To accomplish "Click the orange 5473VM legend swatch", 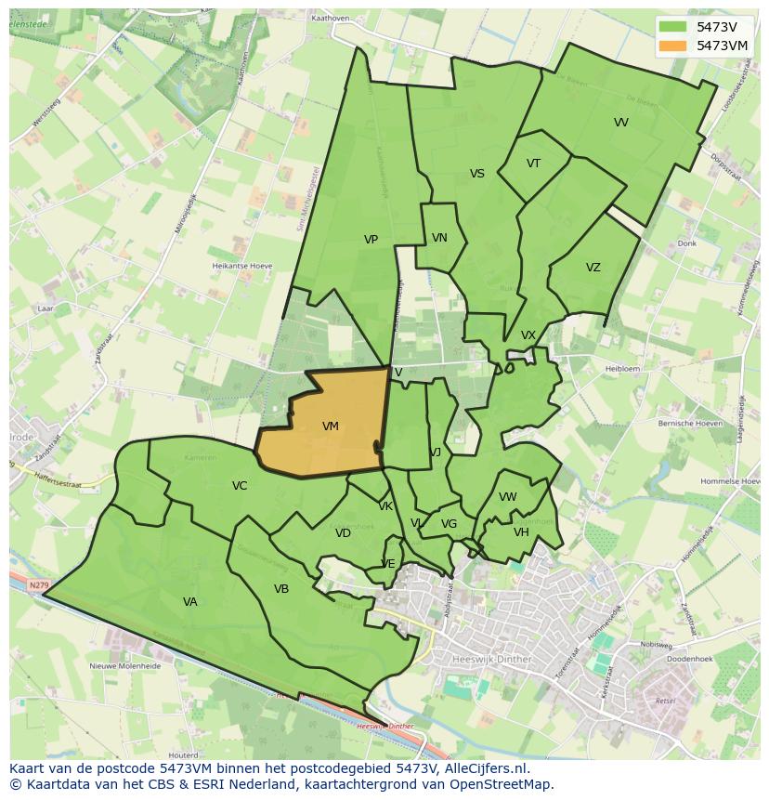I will [673, 46].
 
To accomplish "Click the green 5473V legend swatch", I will [673, 27].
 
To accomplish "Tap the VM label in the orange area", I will [330, 426].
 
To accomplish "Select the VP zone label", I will [371, 240].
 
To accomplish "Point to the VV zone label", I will [620, 123].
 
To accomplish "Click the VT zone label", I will [533, 164].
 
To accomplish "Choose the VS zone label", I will [476, 174].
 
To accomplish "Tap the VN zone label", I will [439, 238].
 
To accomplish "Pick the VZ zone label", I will [593, 268].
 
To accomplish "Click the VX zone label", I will [528, 335].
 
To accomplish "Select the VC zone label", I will [240, 486].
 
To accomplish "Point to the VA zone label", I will [189, 602].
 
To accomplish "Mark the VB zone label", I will [281, 589].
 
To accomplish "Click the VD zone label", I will [343, 533].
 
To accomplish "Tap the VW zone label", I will [507, 497].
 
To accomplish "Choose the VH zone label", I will [521, 532].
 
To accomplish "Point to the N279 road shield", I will [38, 585].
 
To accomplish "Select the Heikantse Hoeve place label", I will [241, 266].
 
